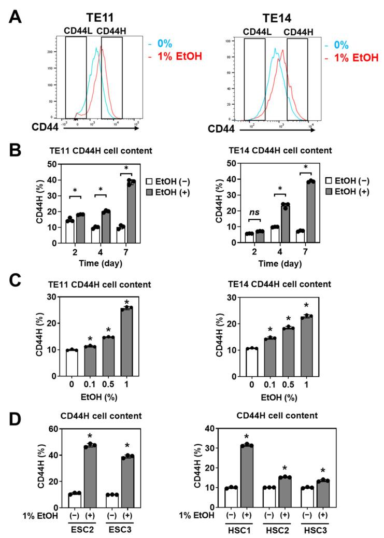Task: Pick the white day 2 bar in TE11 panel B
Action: pos(69,231)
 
